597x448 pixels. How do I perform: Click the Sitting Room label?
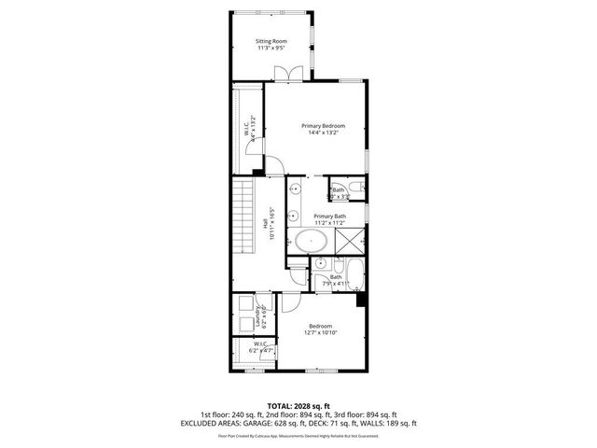[x=271, y=41]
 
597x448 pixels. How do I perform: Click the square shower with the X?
[x=348, y=241]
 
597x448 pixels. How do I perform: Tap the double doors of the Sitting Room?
[x=295, y=72]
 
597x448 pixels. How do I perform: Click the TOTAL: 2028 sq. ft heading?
[x=298, y=406]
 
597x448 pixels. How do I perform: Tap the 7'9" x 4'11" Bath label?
[x=336, y=281]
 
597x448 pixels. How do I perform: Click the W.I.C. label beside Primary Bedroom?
[x=247, y=131]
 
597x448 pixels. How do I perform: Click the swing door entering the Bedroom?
[x=291, y=302]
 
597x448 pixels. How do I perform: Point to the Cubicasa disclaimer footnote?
[x=298, y=435]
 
